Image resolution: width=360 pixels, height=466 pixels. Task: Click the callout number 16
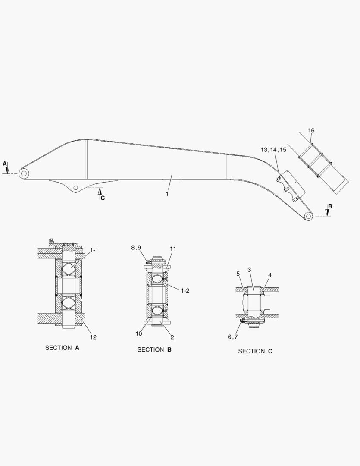311,130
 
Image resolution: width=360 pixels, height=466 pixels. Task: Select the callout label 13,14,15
273,149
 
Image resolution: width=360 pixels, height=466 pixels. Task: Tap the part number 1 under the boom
167,194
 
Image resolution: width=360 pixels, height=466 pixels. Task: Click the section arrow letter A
4,164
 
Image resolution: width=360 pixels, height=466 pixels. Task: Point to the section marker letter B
330,206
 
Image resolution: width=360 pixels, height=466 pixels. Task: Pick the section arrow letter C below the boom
103,198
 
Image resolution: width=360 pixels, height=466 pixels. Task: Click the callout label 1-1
94,250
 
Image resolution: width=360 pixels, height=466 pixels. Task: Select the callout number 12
93,337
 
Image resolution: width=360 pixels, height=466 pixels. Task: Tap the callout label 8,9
136,248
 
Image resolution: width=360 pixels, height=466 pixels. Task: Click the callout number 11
173,249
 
